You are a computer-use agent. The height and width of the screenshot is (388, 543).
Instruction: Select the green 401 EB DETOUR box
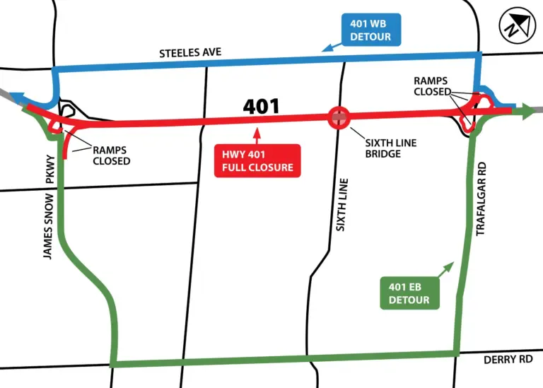[409, 293]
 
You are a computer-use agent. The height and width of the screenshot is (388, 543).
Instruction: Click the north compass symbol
[515, 29]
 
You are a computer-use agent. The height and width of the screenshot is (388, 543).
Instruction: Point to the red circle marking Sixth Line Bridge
[339, 117]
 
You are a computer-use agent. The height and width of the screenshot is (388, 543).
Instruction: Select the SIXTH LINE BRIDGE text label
[390, 149]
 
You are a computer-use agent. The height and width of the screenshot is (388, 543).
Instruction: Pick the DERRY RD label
[508, 360]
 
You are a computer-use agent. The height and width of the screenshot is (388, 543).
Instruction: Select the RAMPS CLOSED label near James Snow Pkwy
[111, 155]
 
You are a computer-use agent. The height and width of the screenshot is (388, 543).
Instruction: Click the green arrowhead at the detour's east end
[526, 112]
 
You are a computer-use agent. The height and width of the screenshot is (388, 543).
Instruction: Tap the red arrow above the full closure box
[257, 134]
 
